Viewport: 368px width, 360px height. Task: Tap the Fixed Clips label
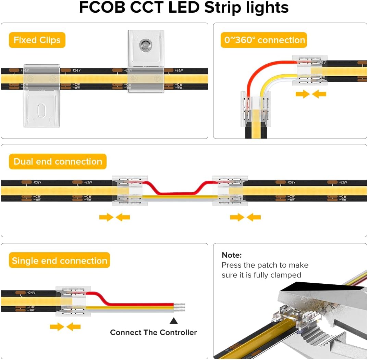coord(37,40)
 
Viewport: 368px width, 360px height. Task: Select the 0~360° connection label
coord(264,40)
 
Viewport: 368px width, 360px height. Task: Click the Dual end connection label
coord(58,162)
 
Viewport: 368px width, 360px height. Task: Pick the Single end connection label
coord(60,261)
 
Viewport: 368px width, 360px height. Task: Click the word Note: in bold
coord(232,255)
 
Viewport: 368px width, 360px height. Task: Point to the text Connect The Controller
coord(154,332)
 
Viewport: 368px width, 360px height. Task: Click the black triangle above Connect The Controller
coord(174,321)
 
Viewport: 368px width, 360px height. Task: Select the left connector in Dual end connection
coord(130,191)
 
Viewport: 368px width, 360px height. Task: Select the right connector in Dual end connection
coord(228,191)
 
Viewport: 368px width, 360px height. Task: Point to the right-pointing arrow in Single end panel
coord(57,327)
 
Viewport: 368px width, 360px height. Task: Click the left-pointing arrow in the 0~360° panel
coord(319,94)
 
